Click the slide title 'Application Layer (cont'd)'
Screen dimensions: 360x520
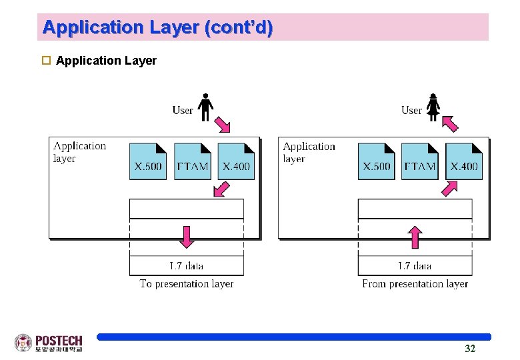click(157, 28)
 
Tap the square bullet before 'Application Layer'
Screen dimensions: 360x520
click(46, 61)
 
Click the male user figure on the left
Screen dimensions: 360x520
click(206, 107)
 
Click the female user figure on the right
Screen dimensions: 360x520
click(433, 107)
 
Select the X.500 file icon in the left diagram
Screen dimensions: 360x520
click(147, 161)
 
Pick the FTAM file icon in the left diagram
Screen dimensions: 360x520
click(192, 161)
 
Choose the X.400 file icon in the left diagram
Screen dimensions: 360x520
click(236, 161)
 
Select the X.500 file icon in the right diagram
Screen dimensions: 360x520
click(376, 161)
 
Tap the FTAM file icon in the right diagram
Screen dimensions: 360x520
click(420, 161)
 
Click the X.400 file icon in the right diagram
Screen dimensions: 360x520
click(464, 161)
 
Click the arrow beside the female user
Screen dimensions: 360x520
click(450, 123)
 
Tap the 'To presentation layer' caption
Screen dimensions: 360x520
click(187, 284)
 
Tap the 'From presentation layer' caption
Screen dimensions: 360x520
click(415, 284)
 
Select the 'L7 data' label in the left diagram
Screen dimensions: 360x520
click(187, 266)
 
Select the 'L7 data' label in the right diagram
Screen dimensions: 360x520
click(415, 266)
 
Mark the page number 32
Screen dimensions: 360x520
click(470, 349)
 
